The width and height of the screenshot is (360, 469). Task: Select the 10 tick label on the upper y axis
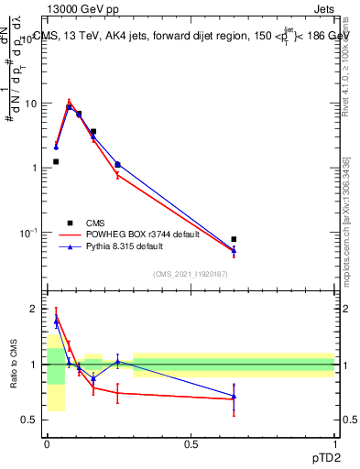point(30,104)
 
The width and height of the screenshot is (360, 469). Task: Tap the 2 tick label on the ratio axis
point(34,309)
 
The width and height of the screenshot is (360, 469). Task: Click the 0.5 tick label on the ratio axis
point(29,420)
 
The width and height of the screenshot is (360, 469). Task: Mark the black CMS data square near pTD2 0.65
point(234,239)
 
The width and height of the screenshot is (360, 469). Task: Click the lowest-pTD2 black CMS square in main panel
point(56,162)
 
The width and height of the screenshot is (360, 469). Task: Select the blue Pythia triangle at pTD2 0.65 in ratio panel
point(234,397)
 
